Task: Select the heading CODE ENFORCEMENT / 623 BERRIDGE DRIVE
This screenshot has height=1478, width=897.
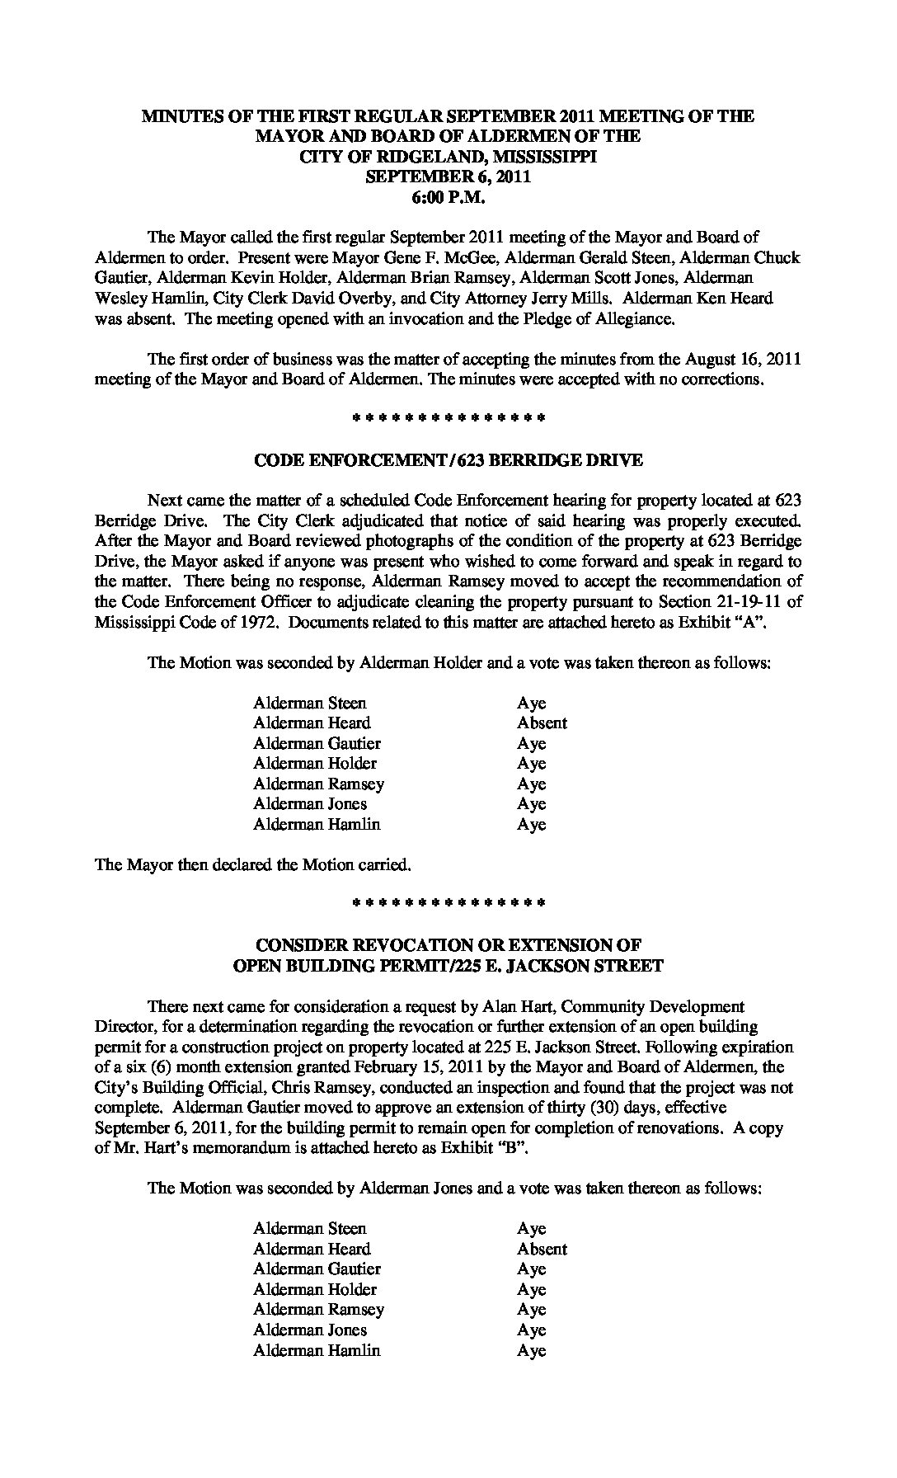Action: pyautogui.click(x=448, y=460)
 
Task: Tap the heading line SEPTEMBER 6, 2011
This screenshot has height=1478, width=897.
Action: pyautogui.click(x=448, y=177)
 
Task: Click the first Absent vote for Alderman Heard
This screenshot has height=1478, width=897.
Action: pyautogui.click(x=542, y=723)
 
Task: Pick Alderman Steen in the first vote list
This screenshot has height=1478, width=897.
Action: pyautogui.click(x=310, y=704)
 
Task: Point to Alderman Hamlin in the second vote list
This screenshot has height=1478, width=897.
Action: pyautogui.click(x=317, y=1350)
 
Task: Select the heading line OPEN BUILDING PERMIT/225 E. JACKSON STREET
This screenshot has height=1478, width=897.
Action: pyautogui.click(x=448, y=966)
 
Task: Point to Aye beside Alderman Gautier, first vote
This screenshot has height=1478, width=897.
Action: pyautogui.click(x=532, y=744)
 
